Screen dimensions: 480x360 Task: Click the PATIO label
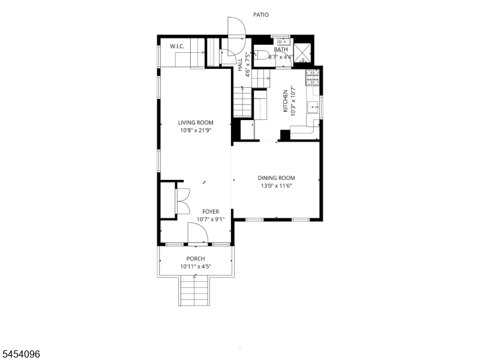pyautogui.click(x=261, y=14)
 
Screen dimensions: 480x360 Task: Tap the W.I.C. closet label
pyautogui.click(x=177, y=47)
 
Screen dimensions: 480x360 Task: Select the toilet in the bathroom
pyautogui.click(x=261, y=55)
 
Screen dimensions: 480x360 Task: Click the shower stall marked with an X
pyautogui.click(x=302, y=53)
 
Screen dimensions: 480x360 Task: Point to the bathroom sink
pyautogui.click(x=284, y=41)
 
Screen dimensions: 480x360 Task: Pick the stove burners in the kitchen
pyautogui.click(x=312, y=77)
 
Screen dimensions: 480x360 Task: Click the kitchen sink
pyautogui.click(x=313, y=107)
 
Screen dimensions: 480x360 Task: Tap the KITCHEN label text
pyautogui.click(x=286, y=101)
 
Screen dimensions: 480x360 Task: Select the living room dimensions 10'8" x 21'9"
pyautogui.click(x=196, y=130)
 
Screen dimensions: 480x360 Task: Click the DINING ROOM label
pyautogui.click(x=276, y=178)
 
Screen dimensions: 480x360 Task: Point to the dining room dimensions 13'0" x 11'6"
pyautogui.click(x=276, y=185)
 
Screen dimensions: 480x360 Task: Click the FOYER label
pyautogui.click(x=211, y=212)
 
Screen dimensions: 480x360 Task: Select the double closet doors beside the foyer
pyautogui.click(x=183, y=201)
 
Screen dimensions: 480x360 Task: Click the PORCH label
pyautogui.click(x=196, y=259)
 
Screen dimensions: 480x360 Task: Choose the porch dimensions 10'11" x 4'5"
pyautogui.click(x=196, y=266)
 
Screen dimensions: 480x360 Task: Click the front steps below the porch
pyautogui.click(x=194, y=290)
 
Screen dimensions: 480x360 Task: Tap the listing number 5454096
pyautogui.click(x=20, y=354)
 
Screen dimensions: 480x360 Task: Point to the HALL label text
pyautogui.click(x=240, y=65)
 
